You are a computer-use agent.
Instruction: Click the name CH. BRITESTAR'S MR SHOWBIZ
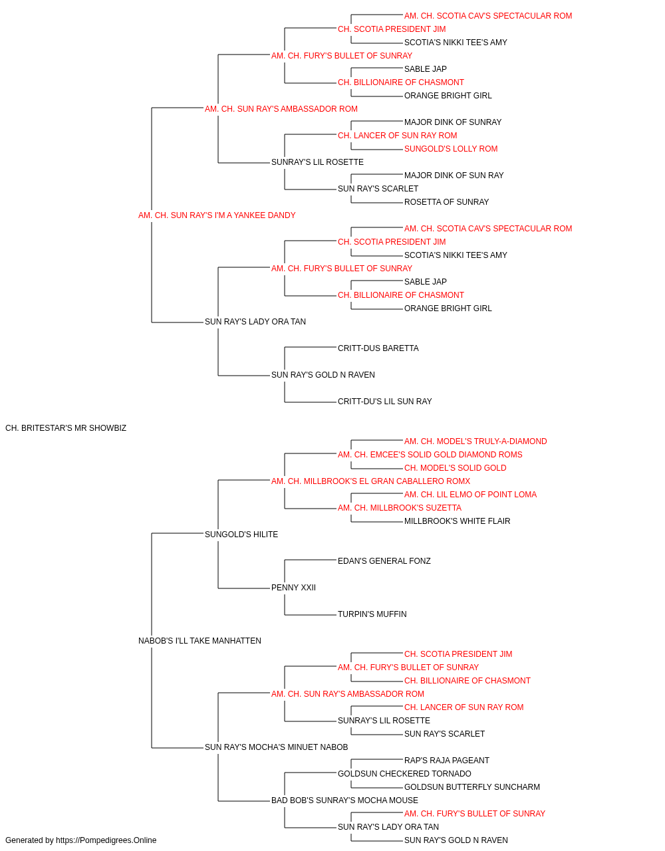pos(66,428)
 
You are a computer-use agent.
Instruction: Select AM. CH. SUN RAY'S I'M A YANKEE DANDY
pos(217,215)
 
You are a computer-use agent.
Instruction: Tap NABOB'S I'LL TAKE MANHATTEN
pos(199,641)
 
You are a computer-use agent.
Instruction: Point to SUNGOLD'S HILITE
pos(241,535)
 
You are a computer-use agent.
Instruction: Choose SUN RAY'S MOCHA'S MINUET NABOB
pos(276,747)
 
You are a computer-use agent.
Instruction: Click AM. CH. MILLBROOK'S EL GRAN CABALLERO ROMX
pos(370,481)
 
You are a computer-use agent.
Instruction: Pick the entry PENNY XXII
pos(293,588)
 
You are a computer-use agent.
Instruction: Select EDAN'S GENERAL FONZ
pos(384,561)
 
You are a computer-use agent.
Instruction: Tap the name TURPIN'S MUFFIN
pos(372,614)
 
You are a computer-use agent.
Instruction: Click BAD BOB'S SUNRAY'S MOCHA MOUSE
pos(344,800)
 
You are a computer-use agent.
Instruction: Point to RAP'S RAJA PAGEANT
pos(446,761)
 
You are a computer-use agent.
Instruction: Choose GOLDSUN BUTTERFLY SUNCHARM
pos(472,787)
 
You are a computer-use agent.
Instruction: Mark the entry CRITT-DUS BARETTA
pos(378,348)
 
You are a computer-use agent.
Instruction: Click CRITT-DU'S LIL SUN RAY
pos(384,402)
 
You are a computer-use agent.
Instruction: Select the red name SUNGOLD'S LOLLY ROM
pos(451,149)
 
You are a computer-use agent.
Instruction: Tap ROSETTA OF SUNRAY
pos(446,202)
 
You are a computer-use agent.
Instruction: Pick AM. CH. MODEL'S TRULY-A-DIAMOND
pos(475,441)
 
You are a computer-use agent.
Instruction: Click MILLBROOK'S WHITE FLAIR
pos(457,521)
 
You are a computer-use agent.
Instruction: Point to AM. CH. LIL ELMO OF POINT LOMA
pos(470,495)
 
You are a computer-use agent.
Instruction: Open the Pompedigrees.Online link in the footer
pos(106,840)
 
